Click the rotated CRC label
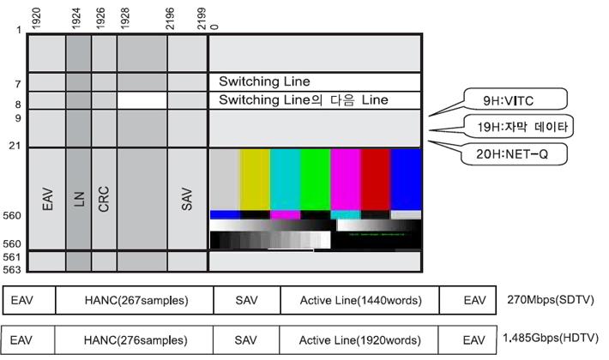click(103, 198)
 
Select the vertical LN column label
click(77, 198)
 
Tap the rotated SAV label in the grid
click(187, 198)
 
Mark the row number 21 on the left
click(14, 146)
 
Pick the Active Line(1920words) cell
click(359, 339)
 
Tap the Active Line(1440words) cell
click(359, 301)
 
